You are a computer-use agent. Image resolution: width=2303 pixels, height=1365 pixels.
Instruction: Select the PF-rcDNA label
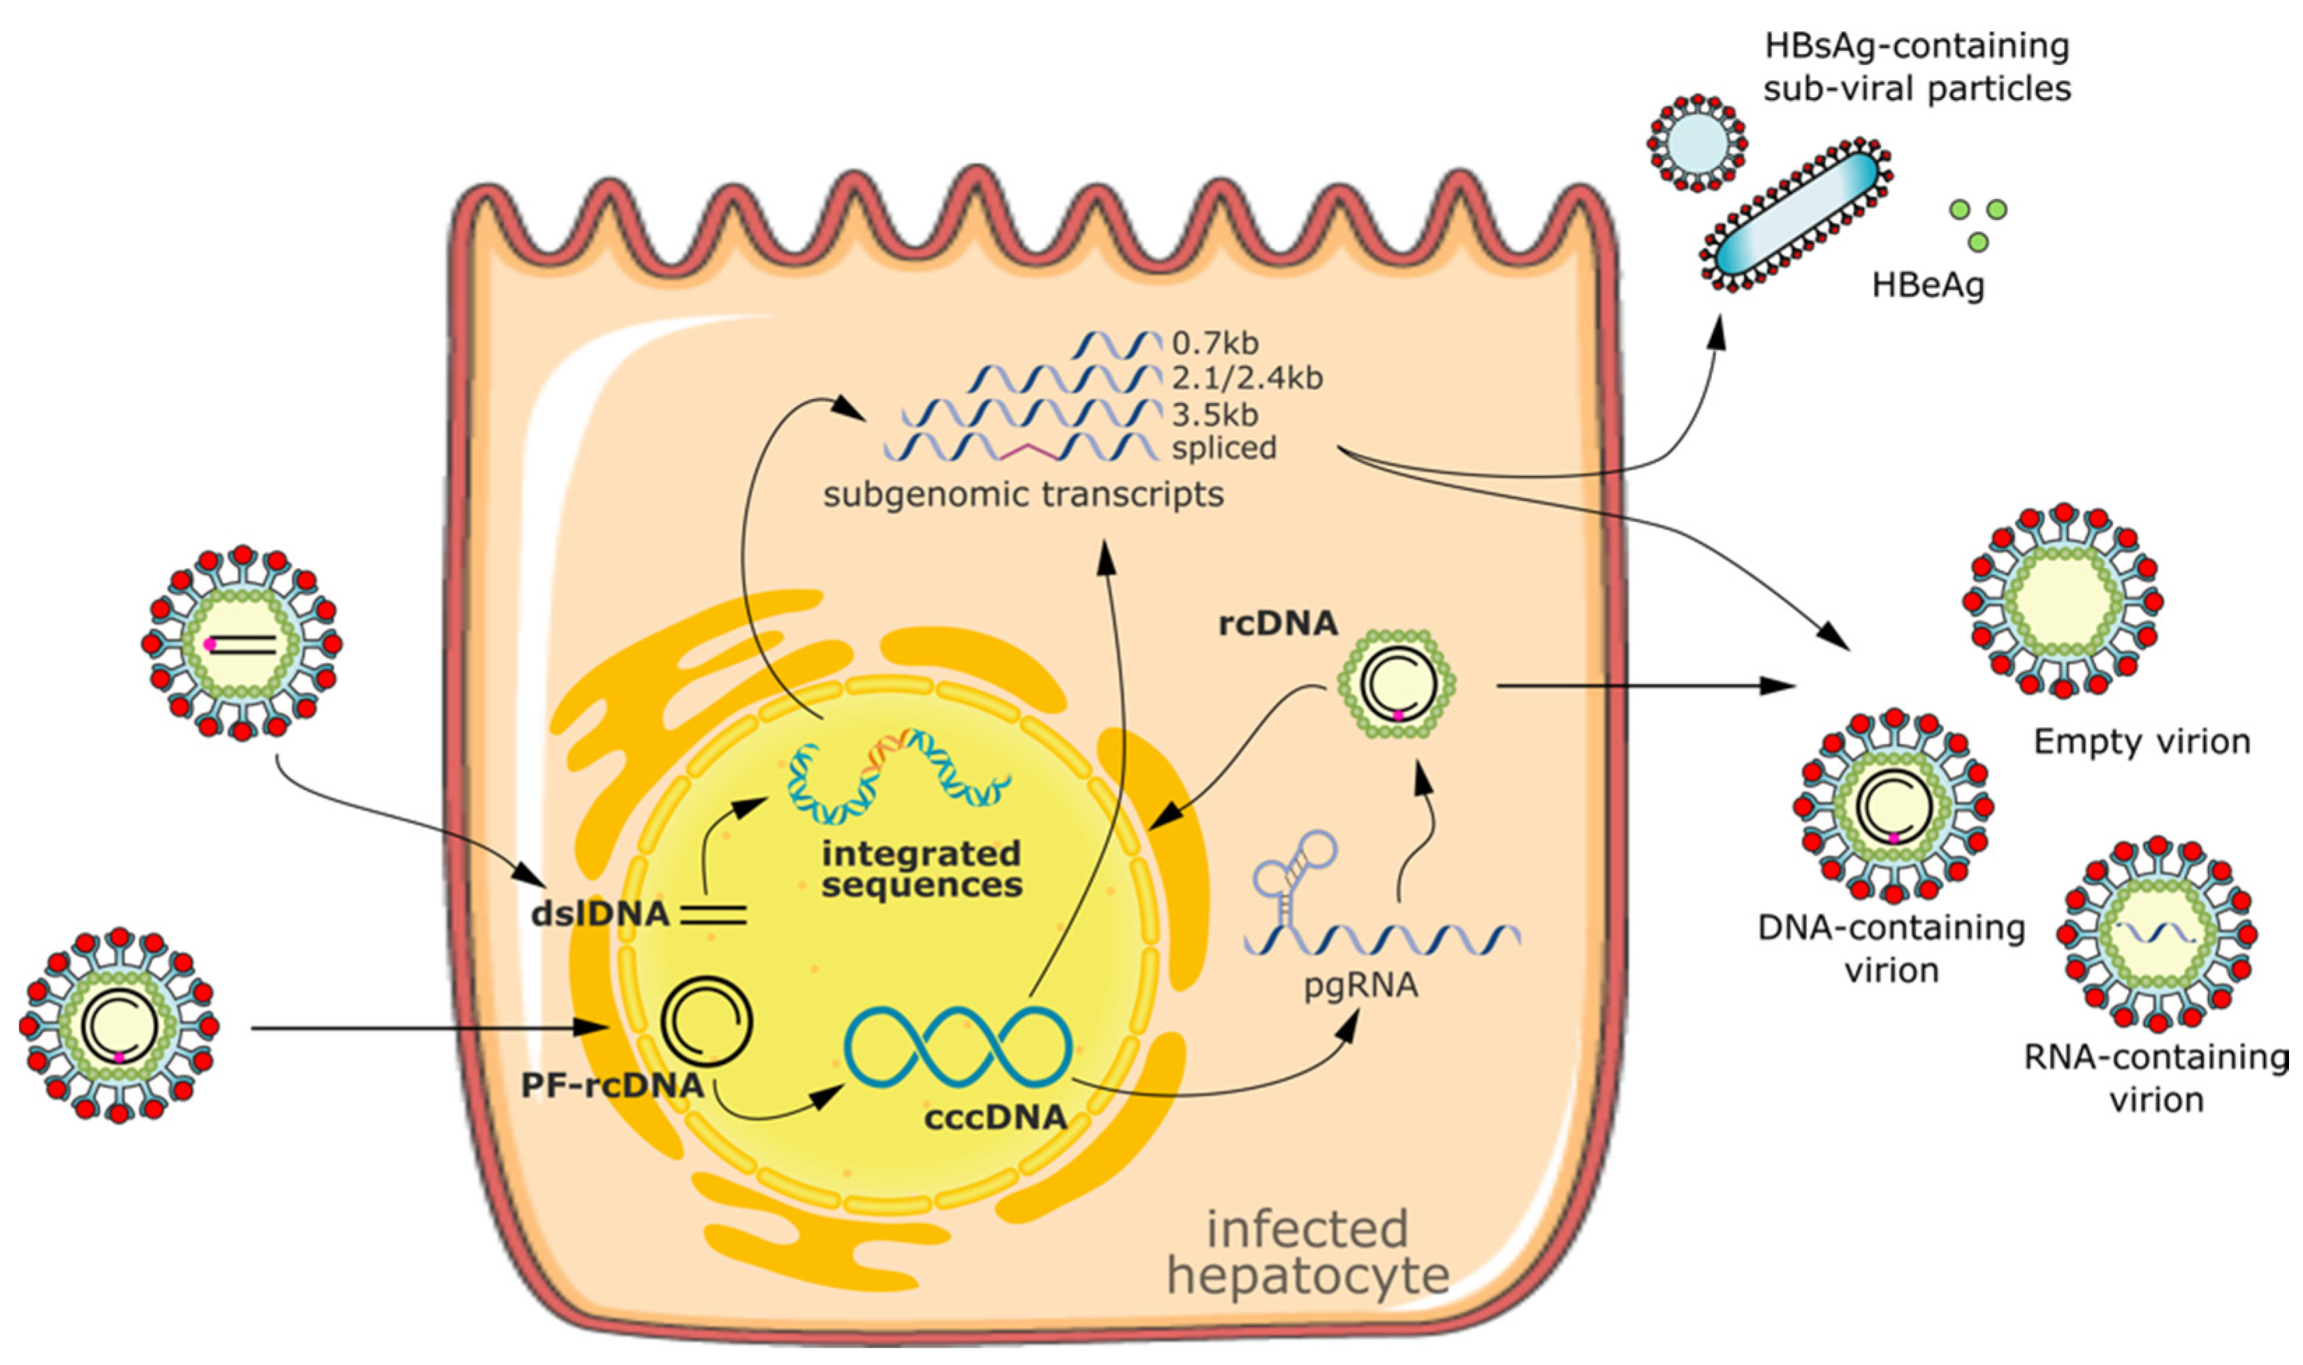point(611,1086)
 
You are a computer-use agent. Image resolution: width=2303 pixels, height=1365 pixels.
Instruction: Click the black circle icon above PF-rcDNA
point(707,1022)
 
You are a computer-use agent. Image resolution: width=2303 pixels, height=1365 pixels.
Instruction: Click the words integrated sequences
point(922,868)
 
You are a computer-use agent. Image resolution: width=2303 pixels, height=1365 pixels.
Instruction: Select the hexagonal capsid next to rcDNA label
point(1396,685)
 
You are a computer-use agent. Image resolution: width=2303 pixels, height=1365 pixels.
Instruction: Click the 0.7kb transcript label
point(1214,344)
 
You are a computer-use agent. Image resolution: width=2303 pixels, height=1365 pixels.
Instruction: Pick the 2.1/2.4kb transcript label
point(1247,378)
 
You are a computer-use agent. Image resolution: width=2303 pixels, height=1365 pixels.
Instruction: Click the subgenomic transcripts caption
point(1023,495)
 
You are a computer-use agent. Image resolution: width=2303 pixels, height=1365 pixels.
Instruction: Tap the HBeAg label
point(1928,285)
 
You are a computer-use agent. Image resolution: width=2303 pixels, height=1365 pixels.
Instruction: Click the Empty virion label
point(2141,741)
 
